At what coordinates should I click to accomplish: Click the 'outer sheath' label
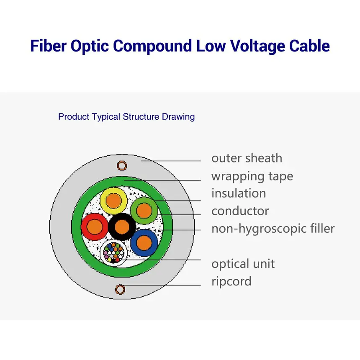(247, 158)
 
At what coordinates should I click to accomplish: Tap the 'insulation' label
(239, 193)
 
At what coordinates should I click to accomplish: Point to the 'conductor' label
(240, 211)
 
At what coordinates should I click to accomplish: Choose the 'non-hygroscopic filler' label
(273, 229)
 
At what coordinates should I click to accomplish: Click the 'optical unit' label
(243, 264)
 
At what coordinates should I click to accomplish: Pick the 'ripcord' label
(231, 282)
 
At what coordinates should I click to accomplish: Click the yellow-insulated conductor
(113, 201)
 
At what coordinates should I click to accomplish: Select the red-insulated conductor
(94, 227)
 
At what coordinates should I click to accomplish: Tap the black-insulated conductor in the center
(122, 227)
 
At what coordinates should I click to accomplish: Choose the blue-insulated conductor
(144, 243)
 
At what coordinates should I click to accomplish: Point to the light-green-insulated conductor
(144, 211)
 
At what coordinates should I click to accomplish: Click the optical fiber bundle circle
(113, 253)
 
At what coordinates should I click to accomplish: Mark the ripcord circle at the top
(122, 165)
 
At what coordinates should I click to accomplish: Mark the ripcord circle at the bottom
(120, 290)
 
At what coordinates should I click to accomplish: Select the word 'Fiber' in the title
(49, 46)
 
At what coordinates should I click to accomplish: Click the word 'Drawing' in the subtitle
(178, 117)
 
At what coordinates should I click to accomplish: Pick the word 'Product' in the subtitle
(74, 117)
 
